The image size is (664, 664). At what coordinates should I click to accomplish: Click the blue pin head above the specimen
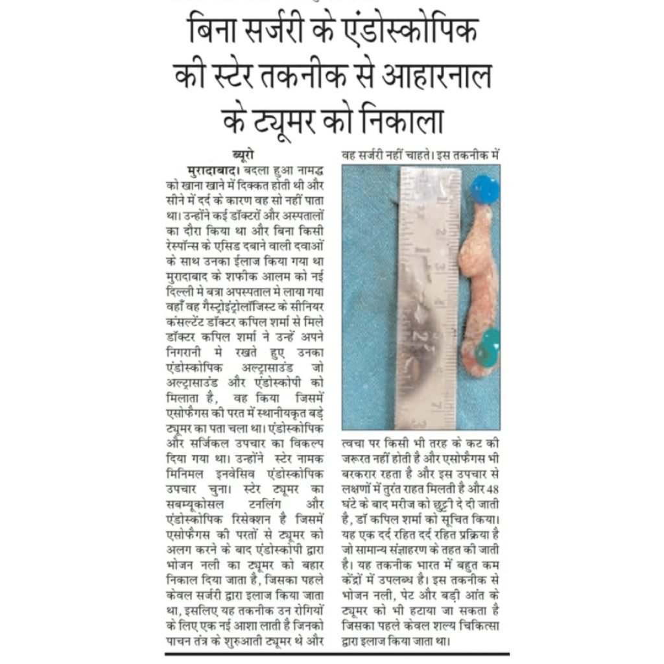(485, 189)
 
